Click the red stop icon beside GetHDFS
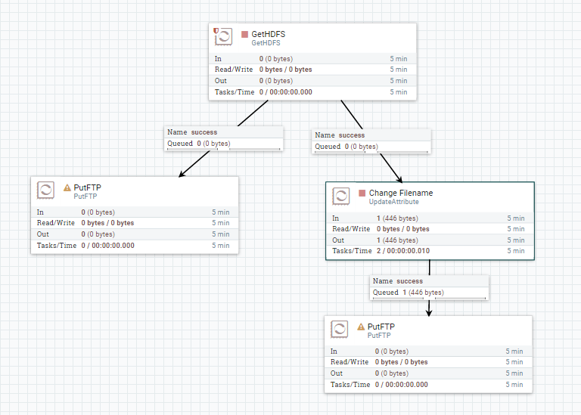245,34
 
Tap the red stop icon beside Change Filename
362,193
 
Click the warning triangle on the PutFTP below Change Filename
361,327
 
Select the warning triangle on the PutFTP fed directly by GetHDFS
67,187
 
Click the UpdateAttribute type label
393,202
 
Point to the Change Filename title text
401,193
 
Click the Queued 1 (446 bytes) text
409,293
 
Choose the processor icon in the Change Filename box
341,197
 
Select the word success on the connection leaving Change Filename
410,281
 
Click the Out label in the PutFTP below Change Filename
337,373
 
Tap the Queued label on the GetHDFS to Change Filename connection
327,147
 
